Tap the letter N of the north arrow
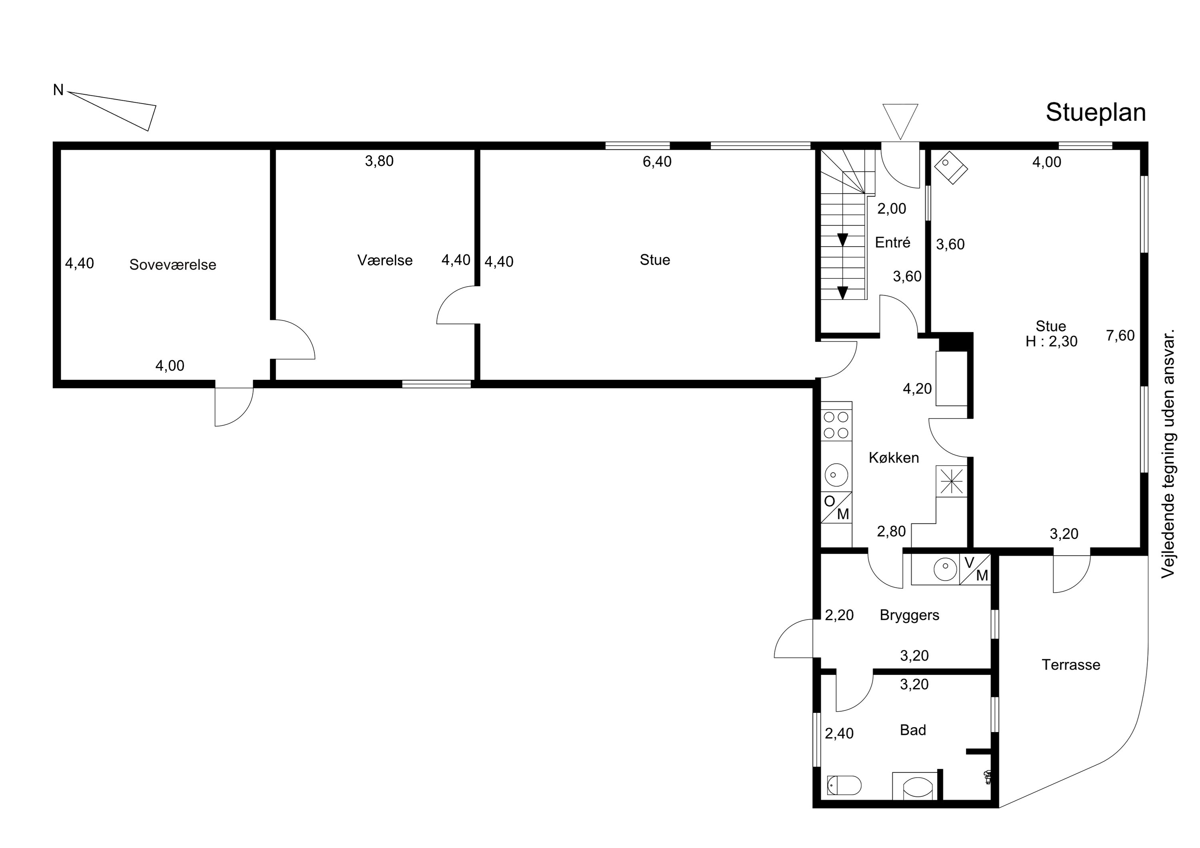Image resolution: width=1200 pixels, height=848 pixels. [58, 90]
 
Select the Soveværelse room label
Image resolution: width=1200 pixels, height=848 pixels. [172, 265]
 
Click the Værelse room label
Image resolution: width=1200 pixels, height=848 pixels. [385, 260]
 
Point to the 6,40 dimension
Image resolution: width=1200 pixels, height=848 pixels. [657, 162]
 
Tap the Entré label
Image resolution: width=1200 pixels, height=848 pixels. [893, 242]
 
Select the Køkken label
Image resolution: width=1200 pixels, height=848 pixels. [894, 458]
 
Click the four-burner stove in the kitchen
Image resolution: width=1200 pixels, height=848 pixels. [836, 425]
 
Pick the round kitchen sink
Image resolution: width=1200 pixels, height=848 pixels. [836, 475]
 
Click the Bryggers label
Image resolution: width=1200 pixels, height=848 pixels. [910, 615]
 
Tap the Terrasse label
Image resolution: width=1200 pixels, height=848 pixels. [1071, 664]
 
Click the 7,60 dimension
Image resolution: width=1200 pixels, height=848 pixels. [1120, 335]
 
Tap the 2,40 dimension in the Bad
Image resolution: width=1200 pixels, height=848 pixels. [839, 734]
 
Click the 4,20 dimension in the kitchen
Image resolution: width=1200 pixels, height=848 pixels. [917, 389]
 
